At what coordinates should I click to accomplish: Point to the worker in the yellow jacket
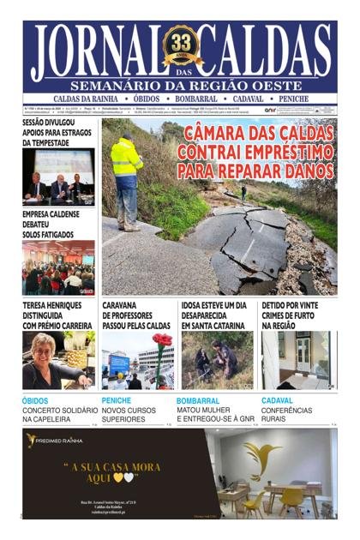click(126, 176)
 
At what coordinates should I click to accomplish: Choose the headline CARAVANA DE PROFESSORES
click(137, 315)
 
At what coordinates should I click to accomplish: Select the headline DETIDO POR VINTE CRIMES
click(291, 315)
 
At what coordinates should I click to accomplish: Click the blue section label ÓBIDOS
click(35, 400)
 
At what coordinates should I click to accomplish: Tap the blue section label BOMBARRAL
click(198, 400)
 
